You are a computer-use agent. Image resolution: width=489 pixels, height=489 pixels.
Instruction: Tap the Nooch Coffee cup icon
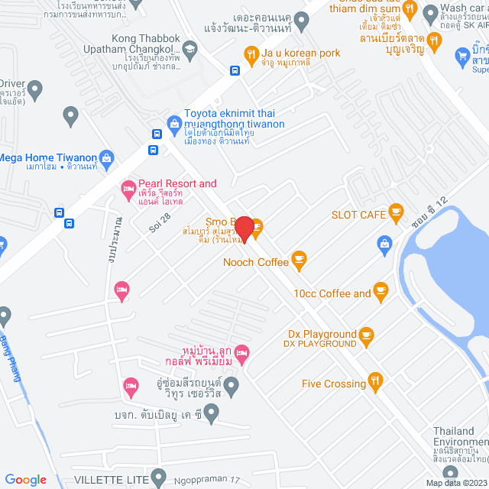click(299, 261)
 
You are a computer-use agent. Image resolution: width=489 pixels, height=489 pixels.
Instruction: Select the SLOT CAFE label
click(358, 215)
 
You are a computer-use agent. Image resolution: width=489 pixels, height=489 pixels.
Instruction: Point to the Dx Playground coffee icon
click(366, 334)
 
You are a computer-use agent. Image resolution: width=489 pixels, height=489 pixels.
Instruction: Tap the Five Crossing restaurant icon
click(375, 380)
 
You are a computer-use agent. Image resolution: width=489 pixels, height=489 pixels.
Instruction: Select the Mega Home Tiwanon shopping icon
click(106, 160)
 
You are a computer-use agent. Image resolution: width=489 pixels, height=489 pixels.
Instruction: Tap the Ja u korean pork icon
click(250, 53)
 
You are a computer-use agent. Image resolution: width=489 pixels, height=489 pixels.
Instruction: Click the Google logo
click(25, 479)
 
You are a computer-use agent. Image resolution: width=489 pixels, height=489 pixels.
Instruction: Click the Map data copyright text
click(455, 483)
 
